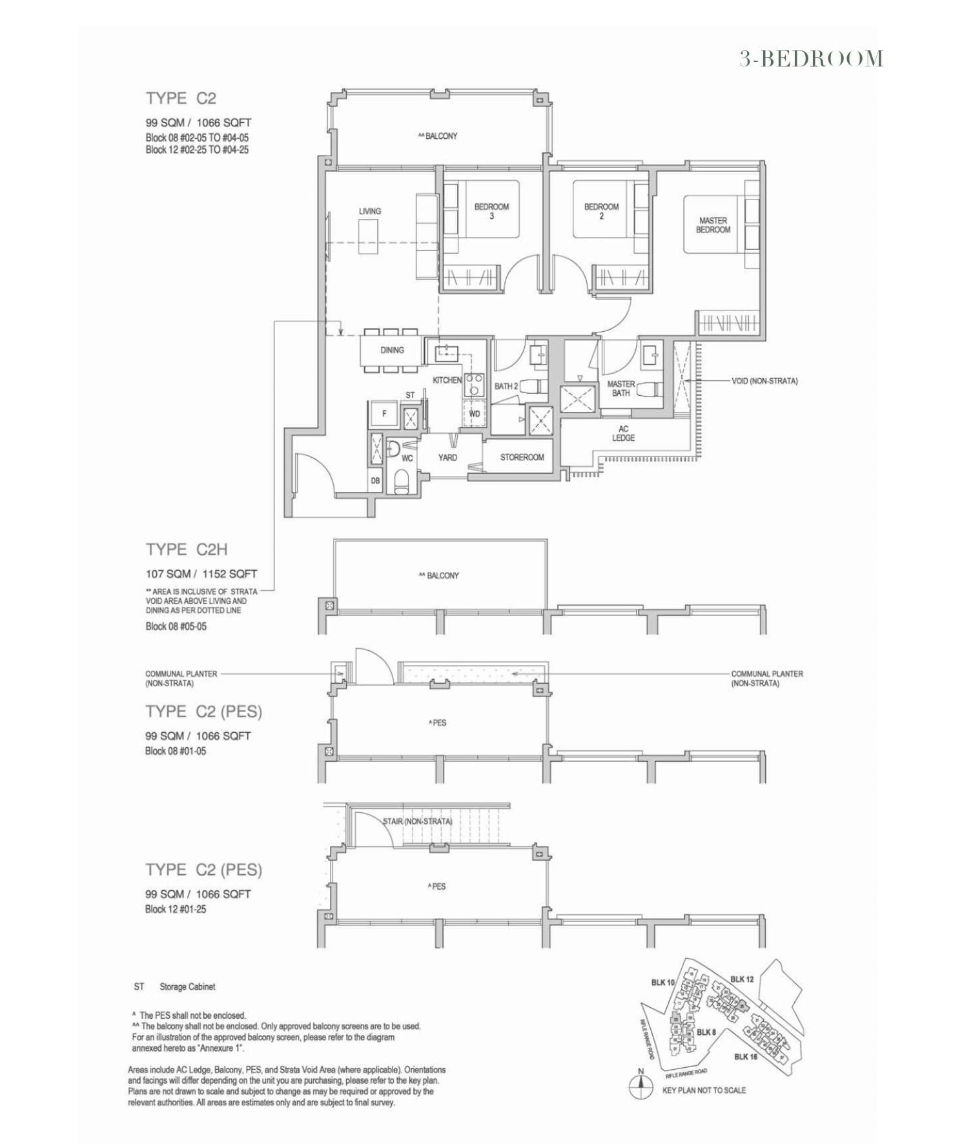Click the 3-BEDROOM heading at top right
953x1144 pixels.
pyautogui.click(x=811, y=59)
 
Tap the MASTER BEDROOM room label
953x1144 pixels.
pyautogui.click(x=713, y=225)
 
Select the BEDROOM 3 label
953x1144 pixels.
pyautogui.click(x=491, y=211)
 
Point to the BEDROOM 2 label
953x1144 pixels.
pyautogui.click(x=601, y=211)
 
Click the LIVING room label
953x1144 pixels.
pyautogui.click(x=370, y=211)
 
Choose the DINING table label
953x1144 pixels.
pyautogui.click(x=392, y=350)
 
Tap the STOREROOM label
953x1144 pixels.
pyautogui.click(x=522, y=457)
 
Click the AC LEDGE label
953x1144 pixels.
pyautogui.click(x=623, y=433)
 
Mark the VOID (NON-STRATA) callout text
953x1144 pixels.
pyautogui.click(x=764, y=381)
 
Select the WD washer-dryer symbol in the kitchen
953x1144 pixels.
pyautogui.click(x=474, y=413)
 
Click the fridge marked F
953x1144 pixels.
pyautogui.click(x=384, y=413)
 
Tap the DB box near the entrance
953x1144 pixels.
pyautogui.click(x=375, y=481)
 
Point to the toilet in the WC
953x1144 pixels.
pyautogui.click(x=401, y=481)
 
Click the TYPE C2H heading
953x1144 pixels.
pyautogui.click(x=187, y=549)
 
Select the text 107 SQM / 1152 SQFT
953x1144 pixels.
pyautogui.click(x=201, y=573)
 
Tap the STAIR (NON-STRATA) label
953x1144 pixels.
pyautogui.click(x=417, y=821)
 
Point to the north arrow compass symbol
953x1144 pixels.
pyautogui.click(x=640, y=1088)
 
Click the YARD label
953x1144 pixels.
pyautogui.click(x=447, y=457)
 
